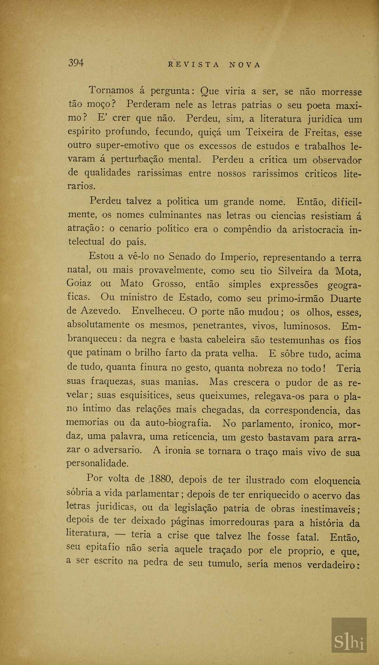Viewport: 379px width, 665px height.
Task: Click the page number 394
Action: [76, 63]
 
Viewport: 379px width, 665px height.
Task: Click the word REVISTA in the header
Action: [194, 65]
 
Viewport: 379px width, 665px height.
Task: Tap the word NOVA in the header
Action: [245, 65]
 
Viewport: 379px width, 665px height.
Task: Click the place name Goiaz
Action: [79, 283]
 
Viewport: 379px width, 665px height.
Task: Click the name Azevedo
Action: [100, 311]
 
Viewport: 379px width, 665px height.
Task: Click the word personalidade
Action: [98, 464]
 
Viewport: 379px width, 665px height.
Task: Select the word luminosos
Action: [307, 326]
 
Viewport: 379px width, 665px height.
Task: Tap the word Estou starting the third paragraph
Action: [101, 256]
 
